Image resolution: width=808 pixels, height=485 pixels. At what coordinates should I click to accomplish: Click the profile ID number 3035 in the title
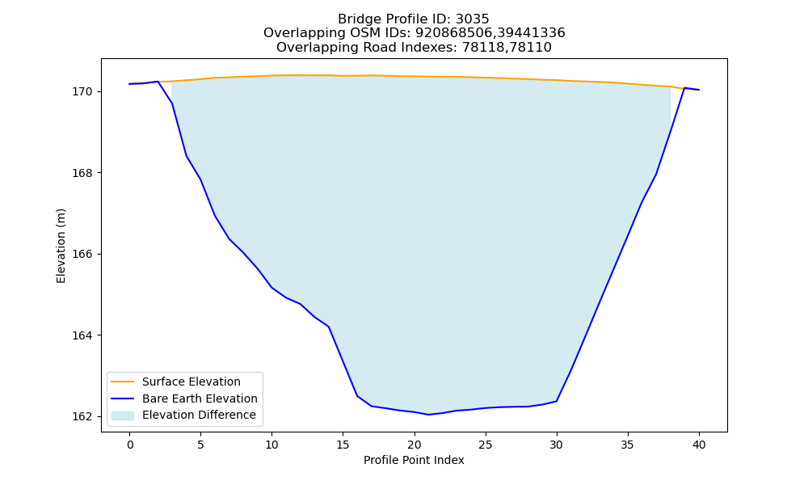472,19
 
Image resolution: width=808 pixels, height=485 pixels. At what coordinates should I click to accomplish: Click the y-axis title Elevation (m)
61,246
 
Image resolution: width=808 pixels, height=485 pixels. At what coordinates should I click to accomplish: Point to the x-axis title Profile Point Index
414,460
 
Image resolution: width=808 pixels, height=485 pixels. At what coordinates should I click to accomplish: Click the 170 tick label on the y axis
82,91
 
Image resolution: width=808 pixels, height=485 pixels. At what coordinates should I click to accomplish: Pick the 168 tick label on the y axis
82,173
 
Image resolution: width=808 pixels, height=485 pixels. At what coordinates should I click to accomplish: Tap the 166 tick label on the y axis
82,254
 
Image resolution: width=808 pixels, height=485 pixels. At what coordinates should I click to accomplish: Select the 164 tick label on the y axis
82,335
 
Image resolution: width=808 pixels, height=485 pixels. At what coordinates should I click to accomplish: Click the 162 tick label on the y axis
82,416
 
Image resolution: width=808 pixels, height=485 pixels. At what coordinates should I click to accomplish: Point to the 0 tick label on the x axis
130,445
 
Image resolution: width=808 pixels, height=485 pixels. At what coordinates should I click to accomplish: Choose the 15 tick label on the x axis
343,445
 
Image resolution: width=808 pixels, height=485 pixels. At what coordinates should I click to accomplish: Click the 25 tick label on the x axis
486,445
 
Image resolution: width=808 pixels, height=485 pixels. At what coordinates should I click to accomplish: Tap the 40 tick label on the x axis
699,445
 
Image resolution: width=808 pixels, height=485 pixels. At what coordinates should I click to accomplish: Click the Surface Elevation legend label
191,382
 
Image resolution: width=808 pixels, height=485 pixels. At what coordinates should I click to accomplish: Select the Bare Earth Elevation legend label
200,399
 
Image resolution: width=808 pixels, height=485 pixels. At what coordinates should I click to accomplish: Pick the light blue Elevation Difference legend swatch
123,415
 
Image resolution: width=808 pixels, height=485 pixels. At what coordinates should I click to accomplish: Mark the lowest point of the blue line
428,415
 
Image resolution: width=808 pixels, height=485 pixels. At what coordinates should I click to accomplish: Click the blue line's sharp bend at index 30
557,401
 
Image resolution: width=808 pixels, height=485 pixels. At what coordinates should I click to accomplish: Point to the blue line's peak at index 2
158,82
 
